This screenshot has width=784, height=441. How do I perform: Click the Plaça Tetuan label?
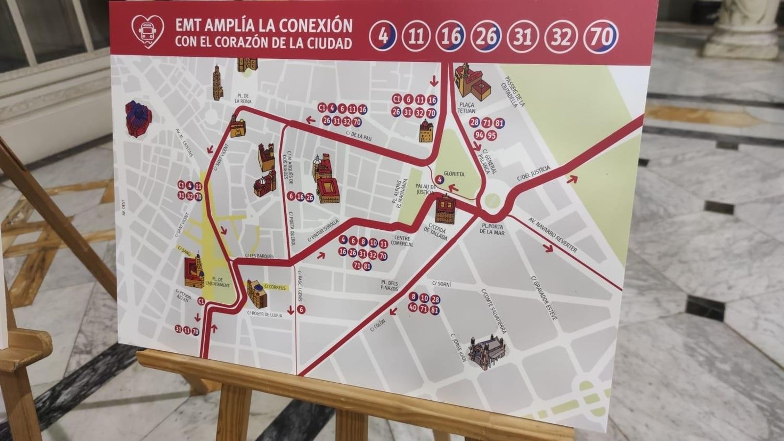click(x=466, y=108)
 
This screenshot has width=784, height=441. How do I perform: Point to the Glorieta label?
click(x=453, y=174)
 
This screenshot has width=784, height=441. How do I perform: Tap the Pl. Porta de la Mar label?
click(x=492, y=229)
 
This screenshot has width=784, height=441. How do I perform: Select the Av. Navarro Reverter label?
click(x=553, y=235)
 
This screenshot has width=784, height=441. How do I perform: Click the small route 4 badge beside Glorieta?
click(x=440, y=180)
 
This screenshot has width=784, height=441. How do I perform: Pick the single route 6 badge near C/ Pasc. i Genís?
click(x=301, y=310)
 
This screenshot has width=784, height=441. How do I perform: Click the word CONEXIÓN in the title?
click(x=316, y=25)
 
